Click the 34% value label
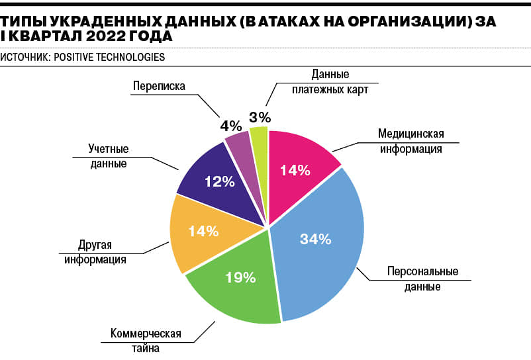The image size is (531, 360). tap(315, 240)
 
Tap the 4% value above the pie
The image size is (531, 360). tap(230, 124)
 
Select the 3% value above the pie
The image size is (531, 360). tap(260, 117)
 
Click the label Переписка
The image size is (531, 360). tap(158, 85)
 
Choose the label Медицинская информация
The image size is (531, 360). tap(410, 141)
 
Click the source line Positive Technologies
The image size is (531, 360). tap(83, 57)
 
